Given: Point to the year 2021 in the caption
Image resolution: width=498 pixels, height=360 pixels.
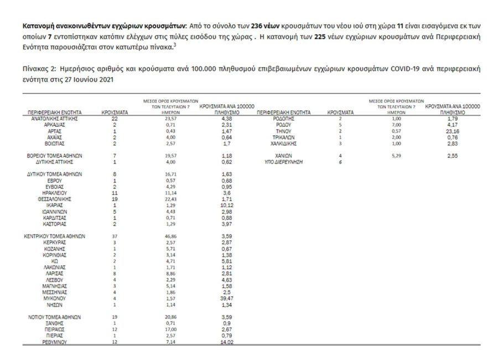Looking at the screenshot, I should coord(107,80).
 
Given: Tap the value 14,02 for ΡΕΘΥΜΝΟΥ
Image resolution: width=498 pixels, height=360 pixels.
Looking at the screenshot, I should coord(222,342).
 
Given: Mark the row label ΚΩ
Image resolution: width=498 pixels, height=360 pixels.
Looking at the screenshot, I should coord(54,261).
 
